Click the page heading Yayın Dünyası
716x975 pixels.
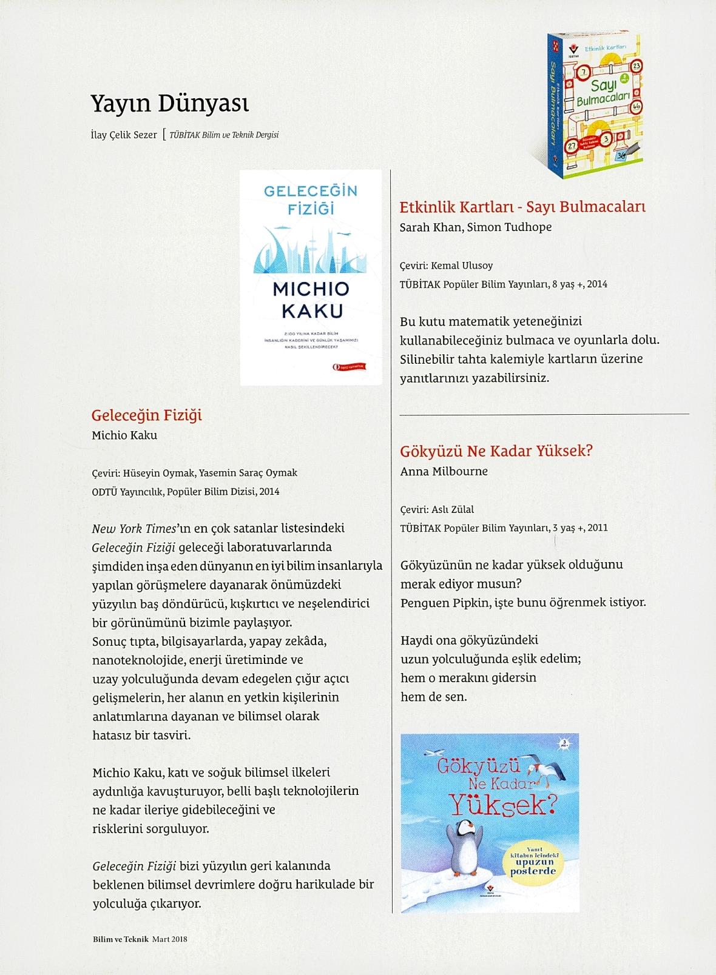(x=169, y=104)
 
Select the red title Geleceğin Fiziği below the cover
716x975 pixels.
(x=146, y=415)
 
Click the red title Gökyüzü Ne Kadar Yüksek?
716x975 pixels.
(x=496, y=451)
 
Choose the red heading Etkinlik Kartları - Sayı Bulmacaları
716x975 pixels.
(x=522, y=207)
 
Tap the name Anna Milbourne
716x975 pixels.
(x=444, y=471)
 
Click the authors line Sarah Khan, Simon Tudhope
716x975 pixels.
(x=476, y=227)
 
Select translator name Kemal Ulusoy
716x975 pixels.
(x=461, y=266)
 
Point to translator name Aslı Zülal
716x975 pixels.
(x=452, y=509)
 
